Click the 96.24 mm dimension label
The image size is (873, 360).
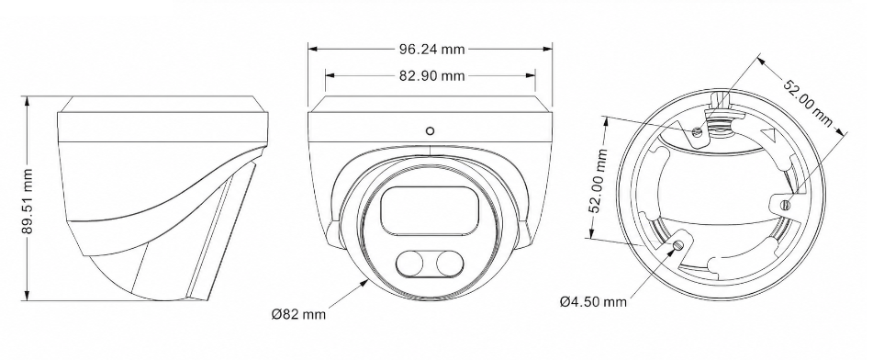(x=431, y=49)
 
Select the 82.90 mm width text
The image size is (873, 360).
(x=431, y=75)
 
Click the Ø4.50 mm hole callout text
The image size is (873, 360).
(x=594, y=302)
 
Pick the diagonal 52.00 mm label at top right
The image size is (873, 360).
(x=808, y=104)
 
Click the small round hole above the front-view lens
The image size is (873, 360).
(x=430, y=131)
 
